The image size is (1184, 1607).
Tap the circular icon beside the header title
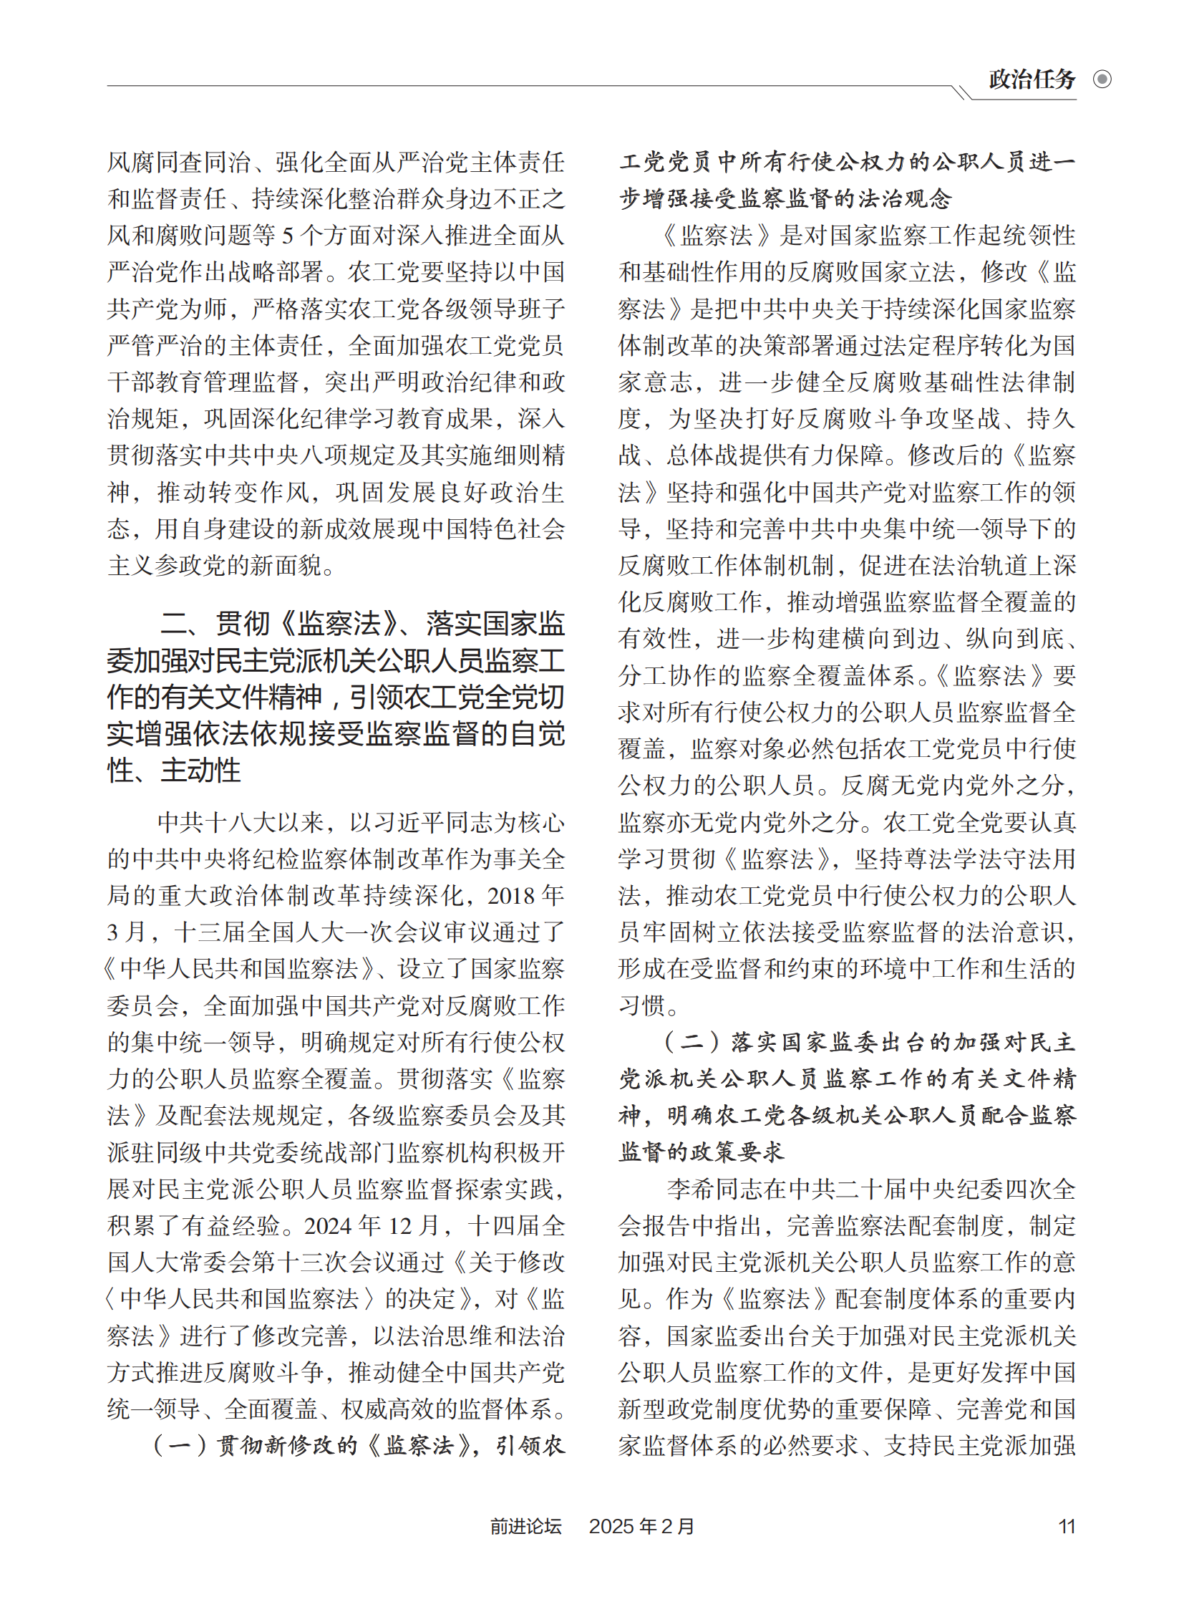1102,79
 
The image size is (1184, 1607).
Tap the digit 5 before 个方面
287,235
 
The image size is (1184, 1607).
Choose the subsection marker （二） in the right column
692,1042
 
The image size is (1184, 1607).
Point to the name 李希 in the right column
691,1189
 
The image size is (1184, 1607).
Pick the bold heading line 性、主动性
174,771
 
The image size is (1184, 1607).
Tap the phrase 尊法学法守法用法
1004,859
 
